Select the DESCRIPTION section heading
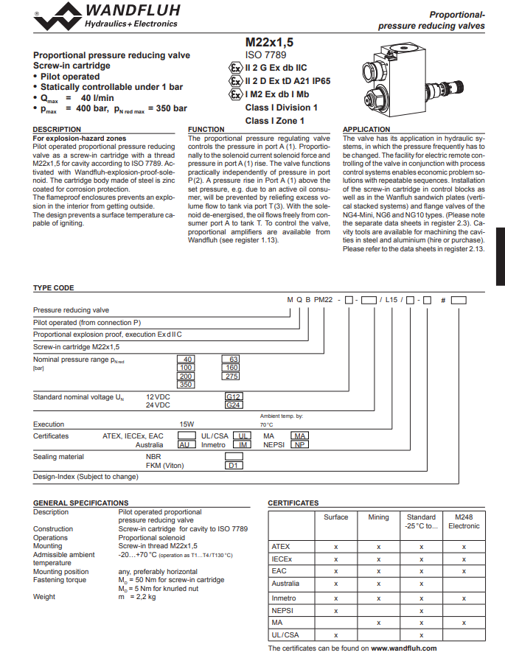tap(58, 130)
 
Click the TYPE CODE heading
tap(54, 288)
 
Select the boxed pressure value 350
tap(186, 385)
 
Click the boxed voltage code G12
tap(234, 396)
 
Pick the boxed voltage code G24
tap(234, 405)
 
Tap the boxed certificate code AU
tap(186, 445)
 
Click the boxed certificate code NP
tap(299, 445)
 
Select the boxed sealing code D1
tap(234, 466)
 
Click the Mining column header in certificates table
tap(378, 517)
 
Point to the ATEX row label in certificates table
tap(281, 547)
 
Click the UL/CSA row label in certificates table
tap(285, 634)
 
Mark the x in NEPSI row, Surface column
tap(335, 611)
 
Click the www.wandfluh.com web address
tap(404, 648)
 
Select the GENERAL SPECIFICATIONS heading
tap(80, 503)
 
